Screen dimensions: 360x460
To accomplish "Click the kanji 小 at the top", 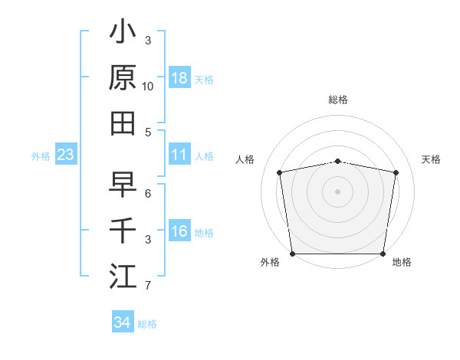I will (123, 33).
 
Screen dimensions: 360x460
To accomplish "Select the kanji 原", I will (123, 77).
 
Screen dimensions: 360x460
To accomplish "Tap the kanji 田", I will (123, 123).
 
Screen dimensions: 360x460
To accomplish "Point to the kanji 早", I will (123, 185).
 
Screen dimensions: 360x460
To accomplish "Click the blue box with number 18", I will (179, 78).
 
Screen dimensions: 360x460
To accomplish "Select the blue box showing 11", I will (179, 155).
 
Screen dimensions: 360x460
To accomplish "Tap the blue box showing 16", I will (179, 232).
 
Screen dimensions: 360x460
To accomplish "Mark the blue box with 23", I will (65, 155).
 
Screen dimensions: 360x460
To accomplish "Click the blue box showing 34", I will (122, 322).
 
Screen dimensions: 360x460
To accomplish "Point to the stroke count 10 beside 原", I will (148, 87).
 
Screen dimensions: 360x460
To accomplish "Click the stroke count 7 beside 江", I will (148, 286).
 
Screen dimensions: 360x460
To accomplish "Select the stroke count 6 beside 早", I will (148, 194).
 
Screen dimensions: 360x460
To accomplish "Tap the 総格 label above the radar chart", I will (337, 100).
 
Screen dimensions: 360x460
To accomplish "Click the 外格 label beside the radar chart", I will (270, 263).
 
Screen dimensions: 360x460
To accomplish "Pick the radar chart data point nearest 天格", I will (396, 172).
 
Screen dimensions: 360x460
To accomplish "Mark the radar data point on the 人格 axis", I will (280, 172).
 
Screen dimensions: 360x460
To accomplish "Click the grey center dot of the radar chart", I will (337, 191).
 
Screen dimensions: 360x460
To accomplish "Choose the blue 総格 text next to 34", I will (147, 323).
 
